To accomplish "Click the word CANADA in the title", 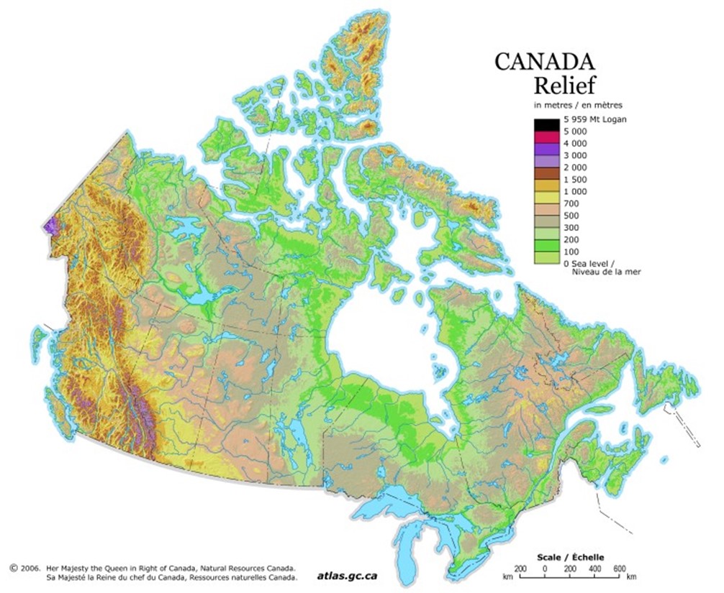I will coord(545,61).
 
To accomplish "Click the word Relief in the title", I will coord(564,86).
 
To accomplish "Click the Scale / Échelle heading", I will coord(571,557).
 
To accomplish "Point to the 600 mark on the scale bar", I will coord(620,568).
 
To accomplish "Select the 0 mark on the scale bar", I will coord(545,568).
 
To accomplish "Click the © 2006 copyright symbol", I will coord(14,567).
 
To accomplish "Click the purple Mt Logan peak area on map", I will coord(51,226).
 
